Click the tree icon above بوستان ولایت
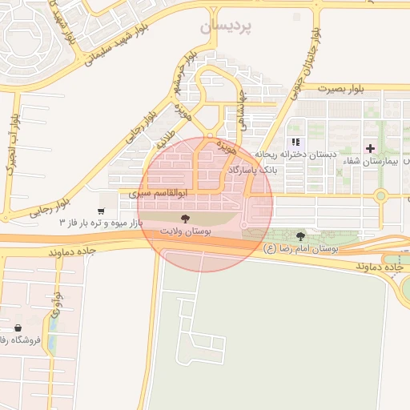[x=186, y=217]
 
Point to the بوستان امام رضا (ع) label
[x=301, y=249]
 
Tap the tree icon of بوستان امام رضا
[x=300, y=236]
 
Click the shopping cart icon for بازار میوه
[x=101, y=211]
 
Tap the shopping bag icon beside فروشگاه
[x=18, y=328]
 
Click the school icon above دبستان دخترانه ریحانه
[x=296, y=144]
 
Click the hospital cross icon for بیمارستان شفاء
[x=370, y=148]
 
